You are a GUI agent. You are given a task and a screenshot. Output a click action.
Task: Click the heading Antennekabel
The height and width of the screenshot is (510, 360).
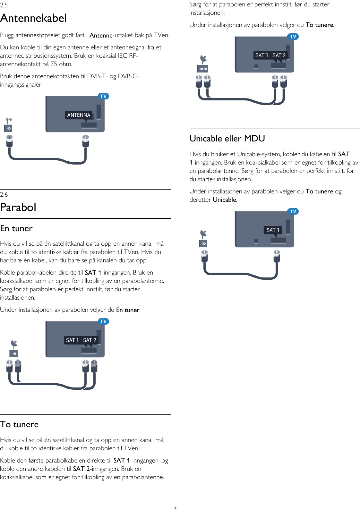33,18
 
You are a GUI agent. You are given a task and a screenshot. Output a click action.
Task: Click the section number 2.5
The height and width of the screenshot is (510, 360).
4,5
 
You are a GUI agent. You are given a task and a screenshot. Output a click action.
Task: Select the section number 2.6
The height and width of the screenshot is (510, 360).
4,194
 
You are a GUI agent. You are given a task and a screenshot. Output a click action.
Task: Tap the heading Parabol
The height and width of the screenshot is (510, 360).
18,208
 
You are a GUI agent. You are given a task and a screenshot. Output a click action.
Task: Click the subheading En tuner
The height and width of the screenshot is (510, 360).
16,228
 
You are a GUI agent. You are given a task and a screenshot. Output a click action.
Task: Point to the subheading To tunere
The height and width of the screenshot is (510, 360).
19,424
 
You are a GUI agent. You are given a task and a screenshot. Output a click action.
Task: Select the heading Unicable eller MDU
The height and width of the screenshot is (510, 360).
227,139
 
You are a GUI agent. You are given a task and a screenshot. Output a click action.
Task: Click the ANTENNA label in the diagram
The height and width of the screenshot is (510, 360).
79,115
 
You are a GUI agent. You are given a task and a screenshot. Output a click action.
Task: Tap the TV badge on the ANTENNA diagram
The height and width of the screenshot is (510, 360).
103,96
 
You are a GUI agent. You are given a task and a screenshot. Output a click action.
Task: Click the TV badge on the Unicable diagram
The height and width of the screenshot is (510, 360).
293,211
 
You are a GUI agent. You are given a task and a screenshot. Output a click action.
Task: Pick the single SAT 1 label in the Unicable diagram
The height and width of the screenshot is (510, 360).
273,230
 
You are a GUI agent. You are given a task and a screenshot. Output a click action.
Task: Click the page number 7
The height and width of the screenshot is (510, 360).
175,508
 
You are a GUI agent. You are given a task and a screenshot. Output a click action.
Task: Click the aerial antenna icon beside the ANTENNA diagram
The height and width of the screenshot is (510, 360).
9,120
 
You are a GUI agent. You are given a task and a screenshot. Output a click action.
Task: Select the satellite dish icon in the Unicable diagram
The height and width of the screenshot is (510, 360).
203,234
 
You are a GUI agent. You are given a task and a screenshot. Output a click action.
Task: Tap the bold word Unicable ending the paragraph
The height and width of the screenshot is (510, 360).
225,200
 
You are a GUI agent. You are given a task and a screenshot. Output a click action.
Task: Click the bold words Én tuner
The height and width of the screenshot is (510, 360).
128,310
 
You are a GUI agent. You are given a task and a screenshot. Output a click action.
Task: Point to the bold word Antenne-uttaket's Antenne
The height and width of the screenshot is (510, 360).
101,36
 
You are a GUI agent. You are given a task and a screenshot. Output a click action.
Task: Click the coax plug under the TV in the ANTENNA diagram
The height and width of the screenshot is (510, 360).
85,141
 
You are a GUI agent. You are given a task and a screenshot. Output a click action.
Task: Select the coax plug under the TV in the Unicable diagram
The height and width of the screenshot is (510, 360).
277,256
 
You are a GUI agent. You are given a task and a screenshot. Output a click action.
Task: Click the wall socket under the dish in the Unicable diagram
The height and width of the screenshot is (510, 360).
203,244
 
